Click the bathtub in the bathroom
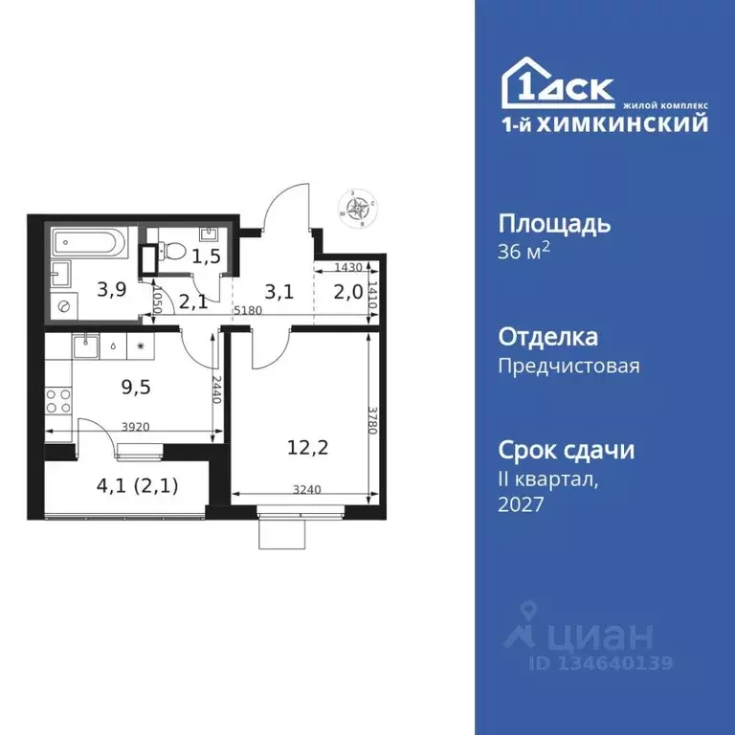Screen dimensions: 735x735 tap(88, 242)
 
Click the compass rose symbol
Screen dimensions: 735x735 tap(360, 208)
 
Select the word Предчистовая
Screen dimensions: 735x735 tap(568, 365)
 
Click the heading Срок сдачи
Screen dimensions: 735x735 tap(567, 450)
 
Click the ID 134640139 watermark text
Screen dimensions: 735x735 tap(601, 662)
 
